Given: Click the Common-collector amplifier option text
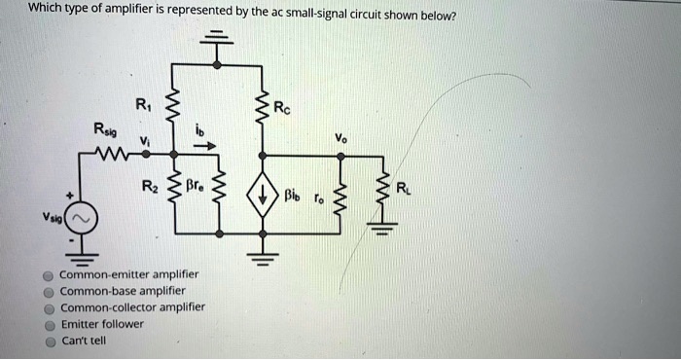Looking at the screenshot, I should (x=132, y=306).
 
